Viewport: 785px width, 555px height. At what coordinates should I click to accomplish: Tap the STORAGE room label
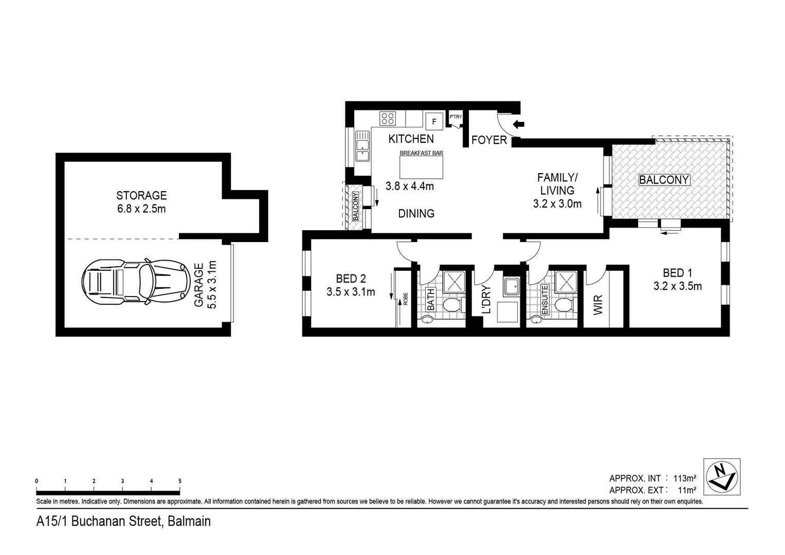coord(141,195)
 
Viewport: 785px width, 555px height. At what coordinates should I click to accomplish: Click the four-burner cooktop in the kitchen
coord(388,119)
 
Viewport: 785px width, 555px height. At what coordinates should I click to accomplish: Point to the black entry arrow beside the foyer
coord(519,123)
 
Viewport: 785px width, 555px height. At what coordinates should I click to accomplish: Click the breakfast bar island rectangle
coord(421,167)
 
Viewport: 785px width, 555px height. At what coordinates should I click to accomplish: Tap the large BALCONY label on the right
coord(664,180)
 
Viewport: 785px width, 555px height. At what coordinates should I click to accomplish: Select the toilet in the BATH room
coord(451,306)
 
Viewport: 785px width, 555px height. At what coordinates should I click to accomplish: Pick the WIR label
coord(598,305)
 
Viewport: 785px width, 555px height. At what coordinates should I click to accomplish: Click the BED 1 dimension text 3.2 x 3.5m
coord(677,286)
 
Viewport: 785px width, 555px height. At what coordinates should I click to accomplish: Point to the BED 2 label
coord(351,279)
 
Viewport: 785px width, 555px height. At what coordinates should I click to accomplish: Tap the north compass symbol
coord(722,476)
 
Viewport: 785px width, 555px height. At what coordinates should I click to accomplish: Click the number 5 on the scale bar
coord(180,481)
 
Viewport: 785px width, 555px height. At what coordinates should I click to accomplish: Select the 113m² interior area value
coord(685,478)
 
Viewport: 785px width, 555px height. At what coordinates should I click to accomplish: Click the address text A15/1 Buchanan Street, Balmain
coord(123,521)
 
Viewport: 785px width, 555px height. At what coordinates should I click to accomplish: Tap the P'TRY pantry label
coord(455,117)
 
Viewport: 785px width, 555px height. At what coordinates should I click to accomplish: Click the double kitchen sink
coord(362,146)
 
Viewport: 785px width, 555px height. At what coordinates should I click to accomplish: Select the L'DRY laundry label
coord(487,300)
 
